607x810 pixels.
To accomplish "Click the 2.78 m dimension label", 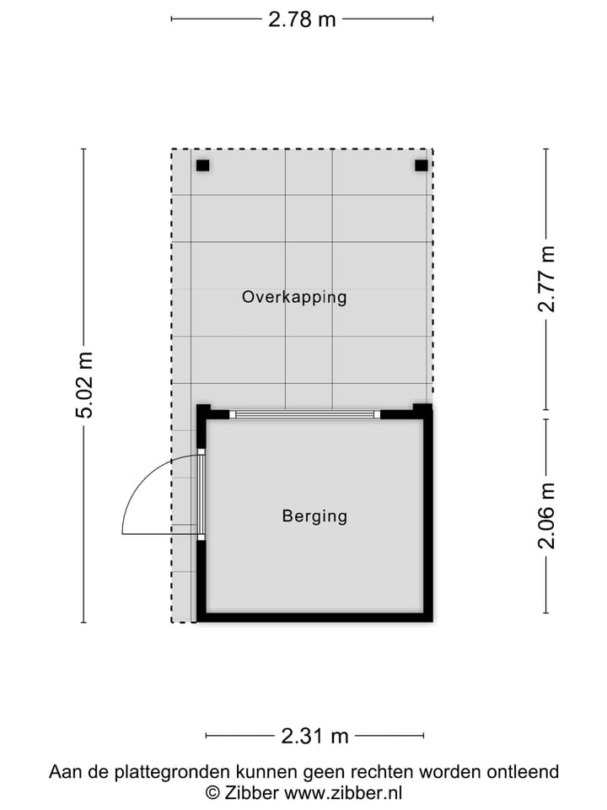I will [302, 19].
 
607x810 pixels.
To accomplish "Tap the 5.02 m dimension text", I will [83, 386].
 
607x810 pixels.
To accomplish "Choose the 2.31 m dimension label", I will [314, 737].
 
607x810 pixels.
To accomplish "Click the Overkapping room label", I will [294, 297].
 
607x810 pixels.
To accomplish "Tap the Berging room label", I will [314, 516].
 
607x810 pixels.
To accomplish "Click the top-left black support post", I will [202, 165].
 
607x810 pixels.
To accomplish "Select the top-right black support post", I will [421, 165].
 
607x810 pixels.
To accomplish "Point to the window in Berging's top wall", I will [305, 414].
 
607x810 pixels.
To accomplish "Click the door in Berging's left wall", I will [201, 494].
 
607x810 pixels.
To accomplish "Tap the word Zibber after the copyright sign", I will [252, 792].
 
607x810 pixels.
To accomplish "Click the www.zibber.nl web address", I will [343, 792].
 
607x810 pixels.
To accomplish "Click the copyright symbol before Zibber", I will [213, 792].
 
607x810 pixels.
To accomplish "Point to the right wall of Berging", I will [427, 515].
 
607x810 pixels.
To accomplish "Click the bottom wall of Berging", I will [314, 618].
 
